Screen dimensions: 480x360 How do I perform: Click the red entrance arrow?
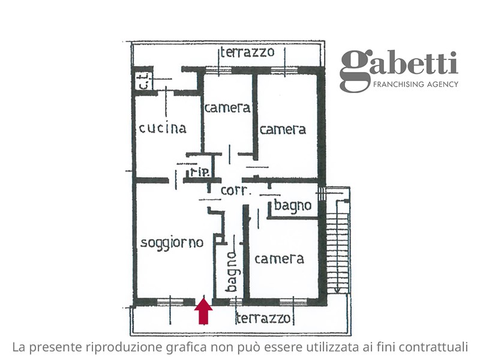pyautogui.click(x=203, y=311)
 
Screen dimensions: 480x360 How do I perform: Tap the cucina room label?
pyautogui.click(x=163, y=128)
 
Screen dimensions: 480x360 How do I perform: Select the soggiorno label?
pyautogui.click(x=172, y=243)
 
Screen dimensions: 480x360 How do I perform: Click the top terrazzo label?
pyautogui.click(x=247, y=52)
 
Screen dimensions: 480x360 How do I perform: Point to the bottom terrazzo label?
pyautogui.click(x=263, y=319)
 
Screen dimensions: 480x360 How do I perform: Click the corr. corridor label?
pyautogui.click(x=236, y=191)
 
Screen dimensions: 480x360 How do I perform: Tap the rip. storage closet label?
pyautogui.click(x=200, y=172)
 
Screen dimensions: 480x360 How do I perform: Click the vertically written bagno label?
pyautogui.click(x=232, y=272)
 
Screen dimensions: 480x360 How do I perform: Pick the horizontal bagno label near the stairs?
pyautogui.click(x=293, y=206)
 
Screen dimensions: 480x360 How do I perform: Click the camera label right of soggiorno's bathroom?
pyautogui.click(x=279, y=259)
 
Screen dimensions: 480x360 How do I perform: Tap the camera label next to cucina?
pyautogui.click(x=227, y=108)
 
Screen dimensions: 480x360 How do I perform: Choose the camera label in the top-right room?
pyautogui.click(x=283, y=130)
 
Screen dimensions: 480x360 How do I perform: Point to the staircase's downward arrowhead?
pyautogui.click(x=337, y=290)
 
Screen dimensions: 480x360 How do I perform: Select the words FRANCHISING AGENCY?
pyautogui.click(x=416, y=84)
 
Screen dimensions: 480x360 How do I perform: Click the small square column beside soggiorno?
pyautogui.click(x=218, y=239)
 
